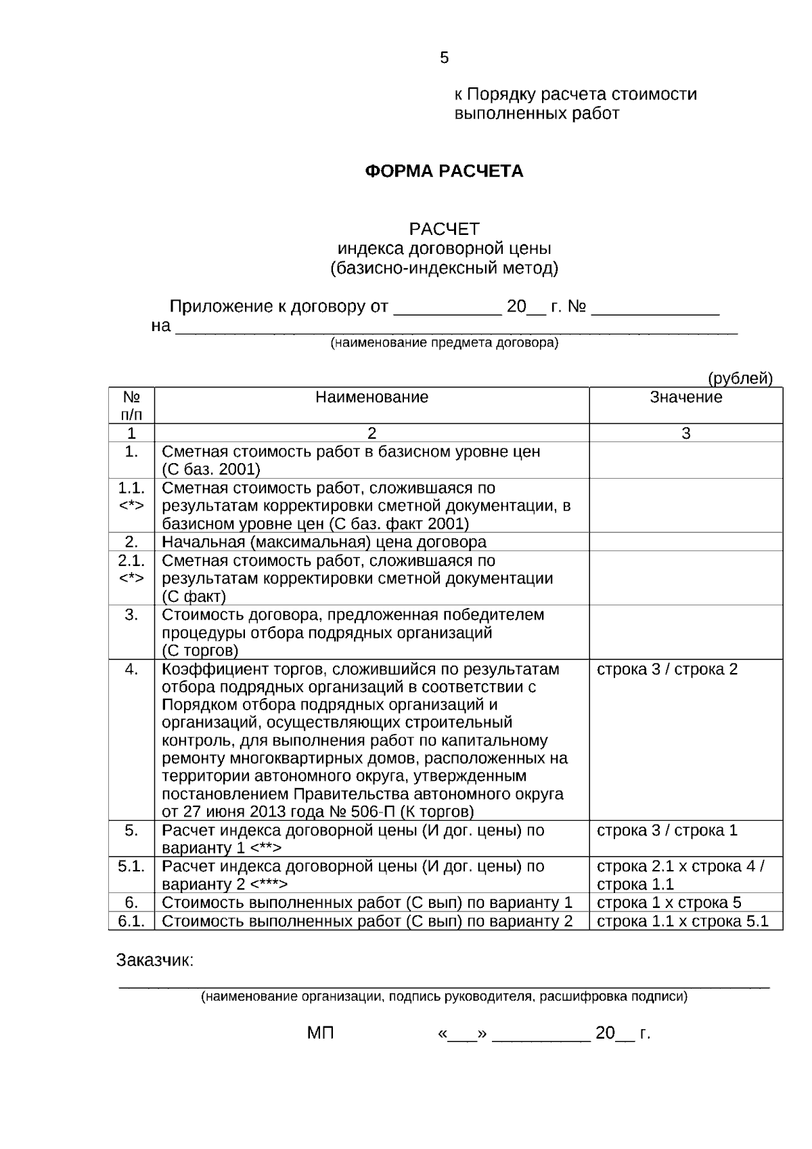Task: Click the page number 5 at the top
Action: pyautogui.click(x=444, y=58)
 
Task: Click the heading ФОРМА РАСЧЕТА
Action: pyautogui.click(x=444, y=171)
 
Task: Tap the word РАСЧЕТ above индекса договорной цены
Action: pyautogui.click(x=444, y=229)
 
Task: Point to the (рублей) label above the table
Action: pyautogui.click(x=740, y=378)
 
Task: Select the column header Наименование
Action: pyautogui.click(x=371, y=397)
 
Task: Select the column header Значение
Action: pyautogui.click(x=685, y=397)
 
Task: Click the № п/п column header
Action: pyautogui.click(x=131, y=405)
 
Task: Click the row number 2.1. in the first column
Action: pyautogui.click(x=131, y=561)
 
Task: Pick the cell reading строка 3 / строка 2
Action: pyautogui.click(x=667, y=670)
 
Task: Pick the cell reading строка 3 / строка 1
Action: pyautogui.click(x=667, y=831)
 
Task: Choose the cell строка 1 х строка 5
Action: pyautogui.click(x=669, y=903)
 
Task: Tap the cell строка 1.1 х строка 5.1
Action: pyautogui.click(x=683, y=921)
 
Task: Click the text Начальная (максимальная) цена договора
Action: pyautogui.click(x=323, y=542)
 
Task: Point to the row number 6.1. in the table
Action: pyautogui.click(x=131, y=921)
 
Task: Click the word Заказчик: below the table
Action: pyautogui.click(x=155, y=961)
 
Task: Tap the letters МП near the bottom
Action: pyautogui.click(x=320, y=1034)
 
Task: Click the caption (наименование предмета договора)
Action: pyautogui.click(x=444, y=343)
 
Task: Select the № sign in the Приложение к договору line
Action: pyautogui.click(x=576, y=307)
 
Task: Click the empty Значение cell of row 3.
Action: pyautogui.click(x=685, y=632)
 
